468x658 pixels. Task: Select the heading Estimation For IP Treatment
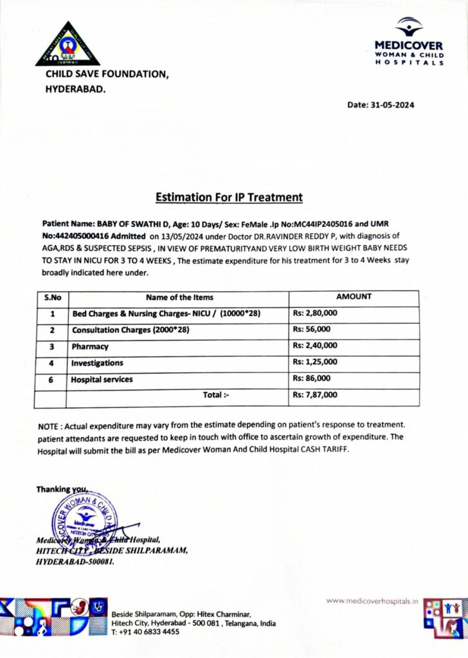228,197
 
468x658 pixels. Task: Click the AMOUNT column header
354,297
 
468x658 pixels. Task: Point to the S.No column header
51,298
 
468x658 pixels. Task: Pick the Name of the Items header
179,298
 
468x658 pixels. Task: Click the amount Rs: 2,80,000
315,313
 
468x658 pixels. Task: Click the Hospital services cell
102,379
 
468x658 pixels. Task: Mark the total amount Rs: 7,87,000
315,395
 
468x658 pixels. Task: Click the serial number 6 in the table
51,379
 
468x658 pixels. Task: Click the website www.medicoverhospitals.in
372,601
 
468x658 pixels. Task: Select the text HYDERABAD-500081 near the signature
75,561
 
